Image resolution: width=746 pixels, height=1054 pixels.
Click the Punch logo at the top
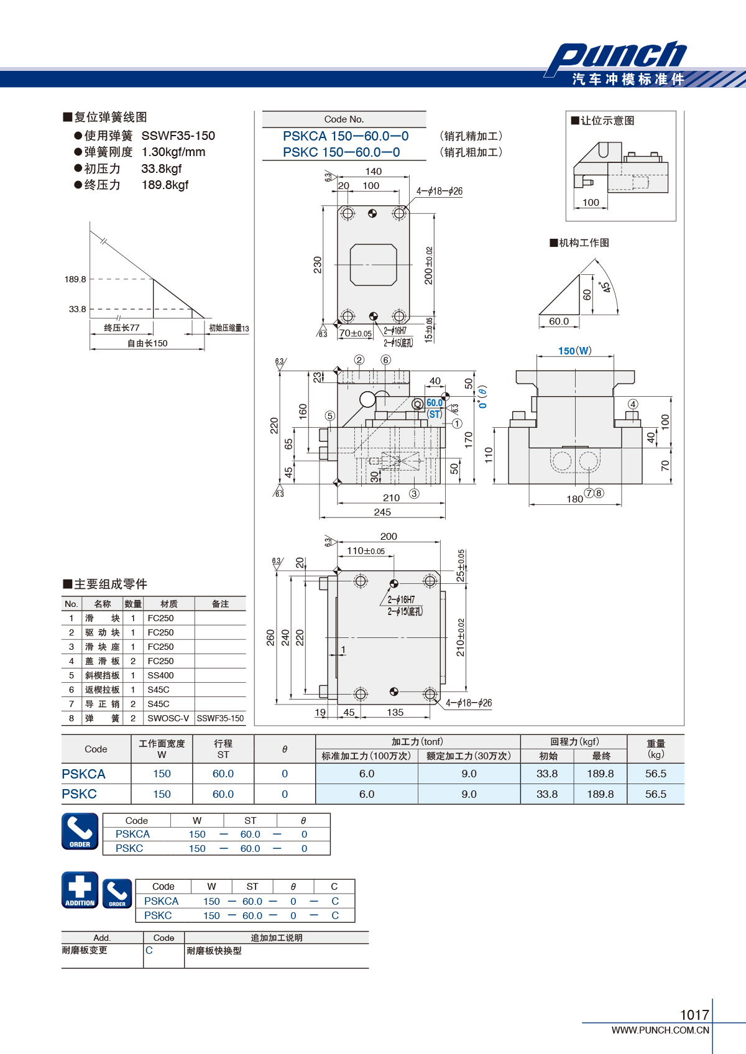click(616, 57)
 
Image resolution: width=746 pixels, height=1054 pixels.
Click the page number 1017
click(694, 1015)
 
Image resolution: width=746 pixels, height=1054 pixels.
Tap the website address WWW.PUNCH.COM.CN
click(660, 1030)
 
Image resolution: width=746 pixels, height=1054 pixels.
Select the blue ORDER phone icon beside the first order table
click(80, 831)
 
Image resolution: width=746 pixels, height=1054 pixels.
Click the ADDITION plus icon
click(80, 890)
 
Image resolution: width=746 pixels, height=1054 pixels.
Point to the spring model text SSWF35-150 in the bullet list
click(178, 136)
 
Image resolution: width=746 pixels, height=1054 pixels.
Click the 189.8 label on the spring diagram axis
click(75, 279)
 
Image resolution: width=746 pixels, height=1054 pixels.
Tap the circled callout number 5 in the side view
click(330, 416)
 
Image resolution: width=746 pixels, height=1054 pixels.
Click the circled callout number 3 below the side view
click(414, 494)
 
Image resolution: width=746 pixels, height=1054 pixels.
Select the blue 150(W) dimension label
click(575, 351)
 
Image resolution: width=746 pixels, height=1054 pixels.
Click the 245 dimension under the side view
click(382, 512)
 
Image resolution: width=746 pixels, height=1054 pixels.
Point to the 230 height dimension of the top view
click(318, 265)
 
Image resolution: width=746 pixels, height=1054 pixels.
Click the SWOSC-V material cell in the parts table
click(168, 718)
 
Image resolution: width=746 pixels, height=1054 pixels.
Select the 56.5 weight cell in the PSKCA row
click(656, 774)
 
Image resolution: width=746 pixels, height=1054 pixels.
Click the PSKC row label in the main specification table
click(79, 794)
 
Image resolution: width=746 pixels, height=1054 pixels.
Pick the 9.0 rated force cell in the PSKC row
click(469, 794)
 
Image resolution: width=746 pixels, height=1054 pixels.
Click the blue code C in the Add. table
click(149, 950)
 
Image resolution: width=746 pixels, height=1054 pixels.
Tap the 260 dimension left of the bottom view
click(270, 637)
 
